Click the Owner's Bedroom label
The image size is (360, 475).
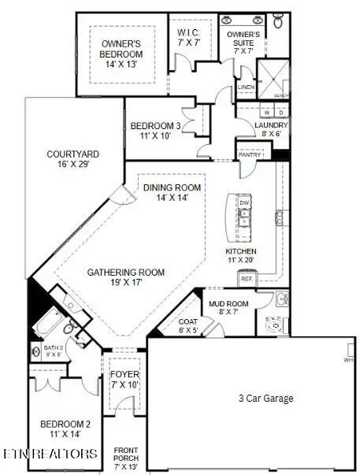(122, 48)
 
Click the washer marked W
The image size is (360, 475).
(267, 113)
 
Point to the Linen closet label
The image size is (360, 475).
(246, 87)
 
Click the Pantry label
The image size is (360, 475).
(251, 154)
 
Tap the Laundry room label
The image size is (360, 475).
(271, 125)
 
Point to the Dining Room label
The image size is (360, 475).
(172, 187)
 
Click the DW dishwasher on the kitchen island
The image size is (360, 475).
(244, 202)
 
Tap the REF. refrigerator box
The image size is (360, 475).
(247, 278)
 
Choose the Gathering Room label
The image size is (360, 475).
(126, 273)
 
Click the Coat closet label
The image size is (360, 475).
(187, 321)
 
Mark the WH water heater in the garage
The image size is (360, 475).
(348, 360)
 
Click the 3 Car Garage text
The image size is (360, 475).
(266, 399)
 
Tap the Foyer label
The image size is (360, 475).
(124, 374)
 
